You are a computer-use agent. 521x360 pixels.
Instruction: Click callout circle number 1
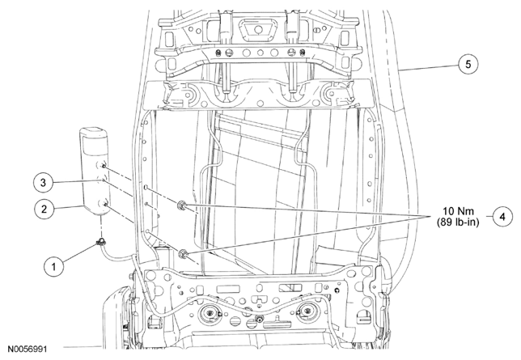tap(54, 266)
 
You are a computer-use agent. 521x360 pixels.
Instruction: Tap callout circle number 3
tap(43, 183)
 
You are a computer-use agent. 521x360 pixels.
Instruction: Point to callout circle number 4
tap(502, 216)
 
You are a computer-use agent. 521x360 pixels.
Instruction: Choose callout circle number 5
tap(468, 64)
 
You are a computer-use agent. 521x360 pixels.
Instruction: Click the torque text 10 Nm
tap(459, 211)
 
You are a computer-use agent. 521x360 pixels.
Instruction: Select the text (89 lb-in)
tap(458, 222)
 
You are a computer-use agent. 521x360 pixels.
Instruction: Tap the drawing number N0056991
tap(28, 349)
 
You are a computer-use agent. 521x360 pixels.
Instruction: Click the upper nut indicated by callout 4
tap(182, 205)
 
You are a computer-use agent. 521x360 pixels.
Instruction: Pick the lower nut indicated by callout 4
tap(183, 254)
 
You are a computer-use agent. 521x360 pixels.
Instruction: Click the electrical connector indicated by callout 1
tap(100, 243)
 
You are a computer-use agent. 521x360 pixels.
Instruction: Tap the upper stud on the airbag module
tap(104, 166)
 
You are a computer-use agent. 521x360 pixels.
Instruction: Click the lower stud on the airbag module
tap(105, 205)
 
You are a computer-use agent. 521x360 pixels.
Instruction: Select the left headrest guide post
tap(227, 50)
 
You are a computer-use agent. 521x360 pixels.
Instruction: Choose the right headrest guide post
tap(292, 50)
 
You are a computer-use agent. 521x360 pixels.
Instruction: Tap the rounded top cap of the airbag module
tap(93, 132)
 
